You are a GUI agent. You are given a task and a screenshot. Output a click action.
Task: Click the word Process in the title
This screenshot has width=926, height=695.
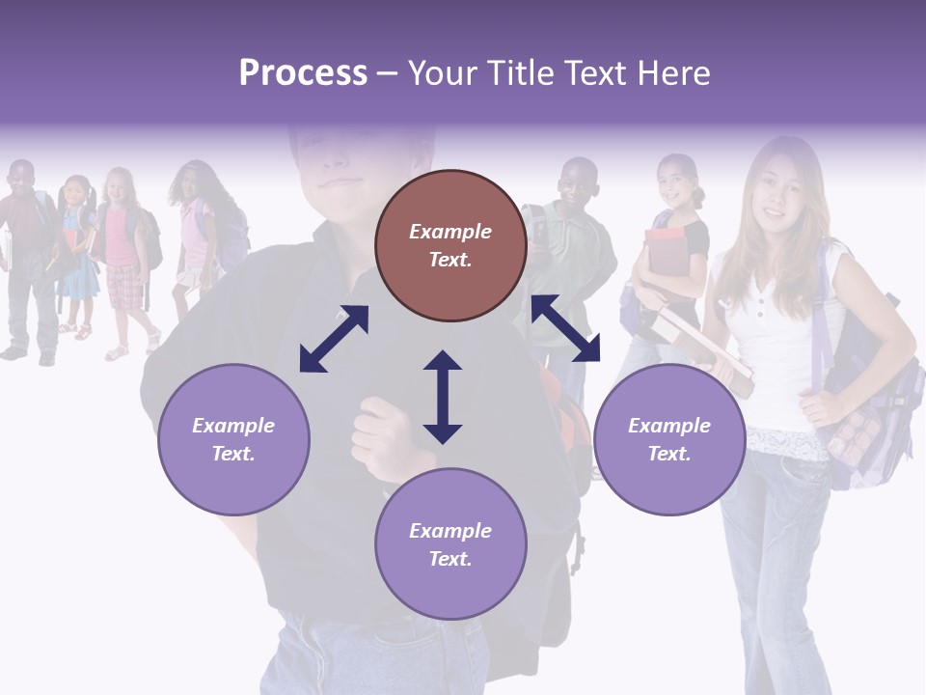coord(303,72)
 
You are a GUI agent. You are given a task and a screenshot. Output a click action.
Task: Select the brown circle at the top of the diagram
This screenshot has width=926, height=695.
coord(450,245)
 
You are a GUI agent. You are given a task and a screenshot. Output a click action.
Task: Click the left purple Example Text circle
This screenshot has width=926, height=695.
coord(233,439)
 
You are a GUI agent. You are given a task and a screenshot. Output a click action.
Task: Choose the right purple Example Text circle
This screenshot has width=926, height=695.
coord(668,439)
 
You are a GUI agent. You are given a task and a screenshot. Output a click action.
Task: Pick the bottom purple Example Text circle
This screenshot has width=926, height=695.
coord(450,544)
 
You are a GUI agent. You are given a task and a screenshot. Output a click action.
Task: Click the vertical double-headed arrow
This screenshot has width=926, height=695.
coord(443,397)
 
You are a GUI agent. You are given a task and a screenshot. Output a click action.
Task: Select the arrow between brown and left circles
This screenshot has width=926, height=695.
coord(334,339)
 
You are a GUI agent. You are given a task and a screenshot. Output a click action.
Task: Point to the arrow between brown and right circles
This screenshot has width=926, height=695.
coord(565,328)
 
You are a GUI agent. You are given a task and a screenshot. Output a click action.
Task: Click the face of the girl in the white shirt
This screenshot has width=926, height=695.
coord(781,193)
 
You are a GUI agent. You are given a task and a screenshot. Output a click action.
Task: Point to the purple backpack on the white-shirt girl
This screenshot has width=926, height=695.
coord(868,405)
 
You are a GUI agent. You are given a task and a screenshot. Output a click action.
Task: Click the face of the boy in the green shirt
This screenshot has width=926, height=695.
coord(579,188)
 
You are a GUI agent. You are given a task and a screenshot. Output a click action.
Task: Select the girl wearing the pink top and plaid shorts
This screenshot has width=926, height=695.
coord(123,256)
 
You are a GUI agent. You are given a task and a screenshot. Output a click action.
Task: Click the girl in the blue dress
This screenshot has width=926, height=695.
coord(77,256)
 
